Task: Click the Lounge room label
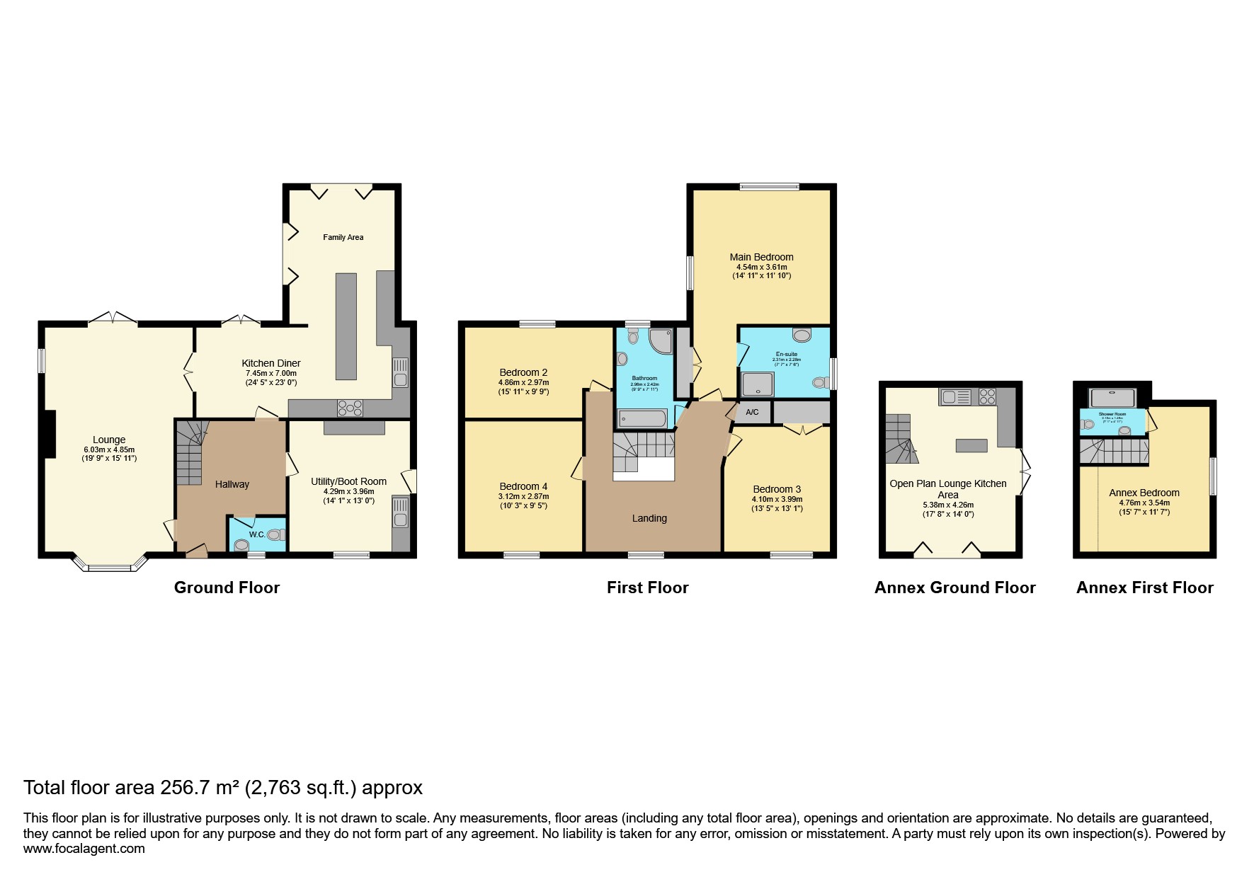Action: point(109,440)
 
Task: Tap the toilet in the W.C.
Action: point(275,535)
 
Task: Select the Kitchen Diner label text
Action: point(273,363)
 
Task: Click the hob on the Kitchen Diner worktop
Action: point(350,408)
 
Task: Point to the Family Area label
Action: point(343,237)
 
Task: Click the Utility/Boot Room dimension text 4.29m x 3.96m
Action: point(349,491)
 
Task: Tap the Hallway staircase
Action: point(189,453)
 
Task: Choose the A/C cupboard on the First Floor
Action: point(752,412)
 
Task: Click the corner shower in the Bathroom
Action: point(661,340)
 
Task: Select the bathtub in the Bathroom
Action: point(642,418)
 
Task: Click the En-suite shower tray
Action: point(757,384)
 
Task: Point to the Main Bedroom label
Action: point(761,257)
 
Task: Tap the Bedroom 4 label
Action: point(523,486)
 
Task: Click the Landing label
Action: point(649,518)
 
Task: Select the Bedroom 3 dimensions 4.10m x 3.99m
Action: point(777,499)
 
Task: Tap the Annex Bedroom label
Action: point(1144,493)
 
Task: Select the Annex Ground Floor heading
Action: point(954,587)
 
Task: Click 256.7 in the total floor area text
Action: point(185,787)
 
